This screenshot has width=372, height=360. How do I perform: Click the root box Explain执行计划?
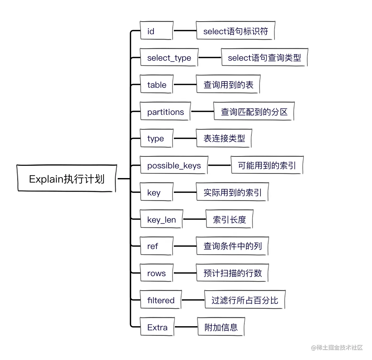66,179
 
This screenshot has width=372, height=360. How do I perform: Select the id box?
156,31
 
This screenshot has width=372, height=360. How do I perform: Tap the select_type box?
169,58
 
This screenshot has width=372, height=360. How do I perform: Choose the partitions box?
165,112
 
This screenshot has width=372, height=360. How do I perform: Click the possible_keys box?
174,165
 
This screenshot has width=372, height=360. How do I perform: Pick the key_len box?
162,219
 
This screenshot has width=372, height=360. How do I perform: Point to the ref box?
156,246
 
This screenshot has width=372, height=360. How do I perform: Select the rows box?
156,273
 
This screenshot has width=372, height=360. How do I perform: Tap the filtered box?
161,300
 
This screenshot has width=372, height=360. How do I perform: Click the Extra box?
157,327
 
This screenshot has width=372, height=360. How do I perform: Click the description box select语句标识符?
235,31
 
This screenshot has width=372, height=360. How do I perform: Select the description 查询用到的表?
228,85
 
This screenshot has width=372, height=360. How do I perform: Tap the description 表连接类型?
224,138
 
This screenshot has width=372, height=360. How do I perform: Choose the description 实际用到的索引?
232,192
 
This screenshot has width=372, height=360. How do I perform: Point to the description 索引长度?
229,219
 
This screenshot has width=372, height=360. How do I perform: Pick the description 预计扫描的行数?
232,273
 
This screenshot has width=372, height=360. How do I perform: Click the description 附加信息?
221,327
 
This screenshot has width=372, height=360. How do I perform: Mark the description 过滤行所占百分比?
245,300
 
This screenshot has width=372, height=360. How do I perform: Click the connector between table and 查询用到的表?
184,85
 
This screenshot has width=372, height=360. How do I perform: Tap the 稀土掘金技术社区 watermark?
337,347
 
